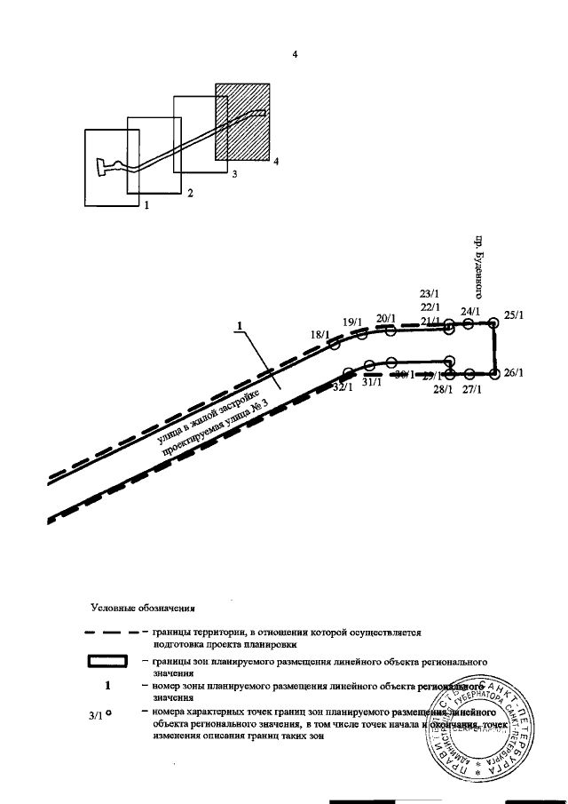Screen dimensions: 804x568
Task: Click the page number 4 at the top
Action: pyautogui.click(x=294, y=55)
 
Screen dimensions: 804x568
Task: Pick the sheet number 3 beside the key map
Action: pyautogui.click(x=234, y=175)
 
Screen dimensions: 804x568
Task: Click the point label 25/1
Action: pyautogui.click(x=513, y=314)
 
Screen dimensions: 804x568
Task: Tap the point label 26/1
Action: pyautogui.click(x=513, y=373)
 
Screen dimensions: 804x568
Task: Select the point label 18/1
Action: pyautogui.click(x=319, y=334)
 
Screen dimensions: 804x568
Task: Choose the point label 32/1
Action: pyautogui.click(x=343, y=387)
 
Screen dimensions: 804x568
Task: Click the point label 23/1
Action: pyautogui.click(x=430, y=293)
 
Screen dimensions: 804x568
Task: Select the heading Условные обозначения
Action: pyautogui.click(x=141, y=609)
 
